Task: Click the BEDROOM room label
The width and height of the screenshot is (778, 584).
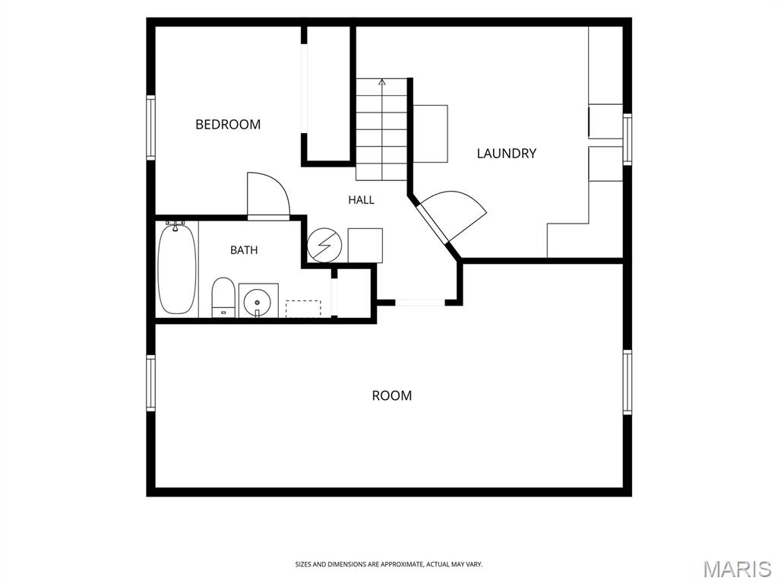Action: (228, 124)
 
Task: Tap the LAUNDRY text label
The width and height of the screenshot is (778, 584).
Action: (507, 154)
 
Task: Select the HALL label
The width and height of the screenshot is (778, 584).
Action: (361, 200)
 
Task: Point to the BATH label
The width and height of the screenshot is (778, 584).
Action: (244, 250)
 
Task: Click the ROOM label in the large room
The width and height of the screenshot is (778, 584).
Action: (392, 395)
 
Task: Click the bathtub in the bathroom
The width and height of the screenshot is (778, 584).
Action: (177, 269)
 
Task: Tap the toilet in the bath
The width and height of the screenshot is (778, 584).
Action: (223, 297)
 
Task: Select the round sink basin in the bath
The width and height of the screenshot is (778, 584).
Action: (257, 301)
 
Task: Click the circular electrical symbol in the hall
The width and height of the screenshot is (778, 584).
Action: (324, 246)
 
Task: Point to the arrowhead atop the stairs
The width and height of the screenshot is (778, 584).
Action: (381, 82)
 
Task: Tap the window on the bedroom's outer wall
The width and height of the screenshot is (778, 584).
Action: (150, 128)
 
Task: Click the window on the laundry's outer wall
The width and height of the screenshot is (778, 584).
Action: (627, 139)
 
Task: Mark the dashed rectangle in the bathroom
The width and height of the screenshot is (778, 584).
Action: (303, 309)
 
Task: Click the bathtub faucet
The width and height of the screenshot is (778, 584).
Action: (176, 225)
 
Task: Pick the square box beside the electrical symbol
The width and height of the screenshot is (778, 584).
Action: (365, 246)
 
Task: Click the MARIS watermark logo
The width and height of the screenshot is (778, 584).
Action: (737, 569)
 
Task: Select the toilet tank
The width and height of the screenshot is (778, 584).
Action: (223, 313)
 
